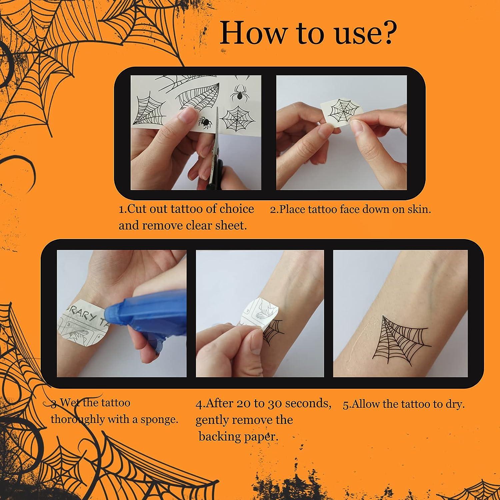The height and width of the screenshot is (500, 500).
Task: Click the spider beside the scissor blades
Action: coord(205,123)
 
